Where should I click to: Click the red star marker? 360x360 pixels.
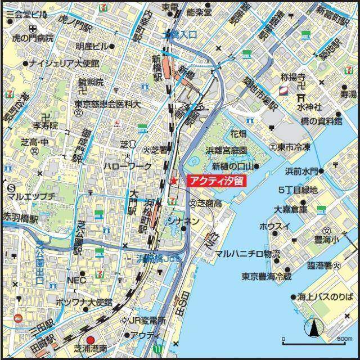[x=173, y=181]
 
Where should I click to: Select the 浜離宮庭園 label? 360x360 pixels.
[x=227, y=151]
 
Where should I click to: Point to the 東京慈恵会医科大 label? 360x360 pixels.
[x=107, y=105]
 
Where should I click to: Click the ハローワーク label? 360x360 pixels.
[x=127, y=166]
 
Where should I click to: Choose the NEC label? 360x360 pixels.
[x=75, y=280]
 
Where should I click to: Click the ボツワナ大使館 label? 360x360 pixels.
[x=84, y=303]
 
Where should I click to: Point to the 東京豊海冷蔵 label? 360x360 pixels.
[x=267, y=276]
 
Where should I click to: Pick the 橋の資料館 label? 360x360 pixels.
[x=321, y=121]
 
